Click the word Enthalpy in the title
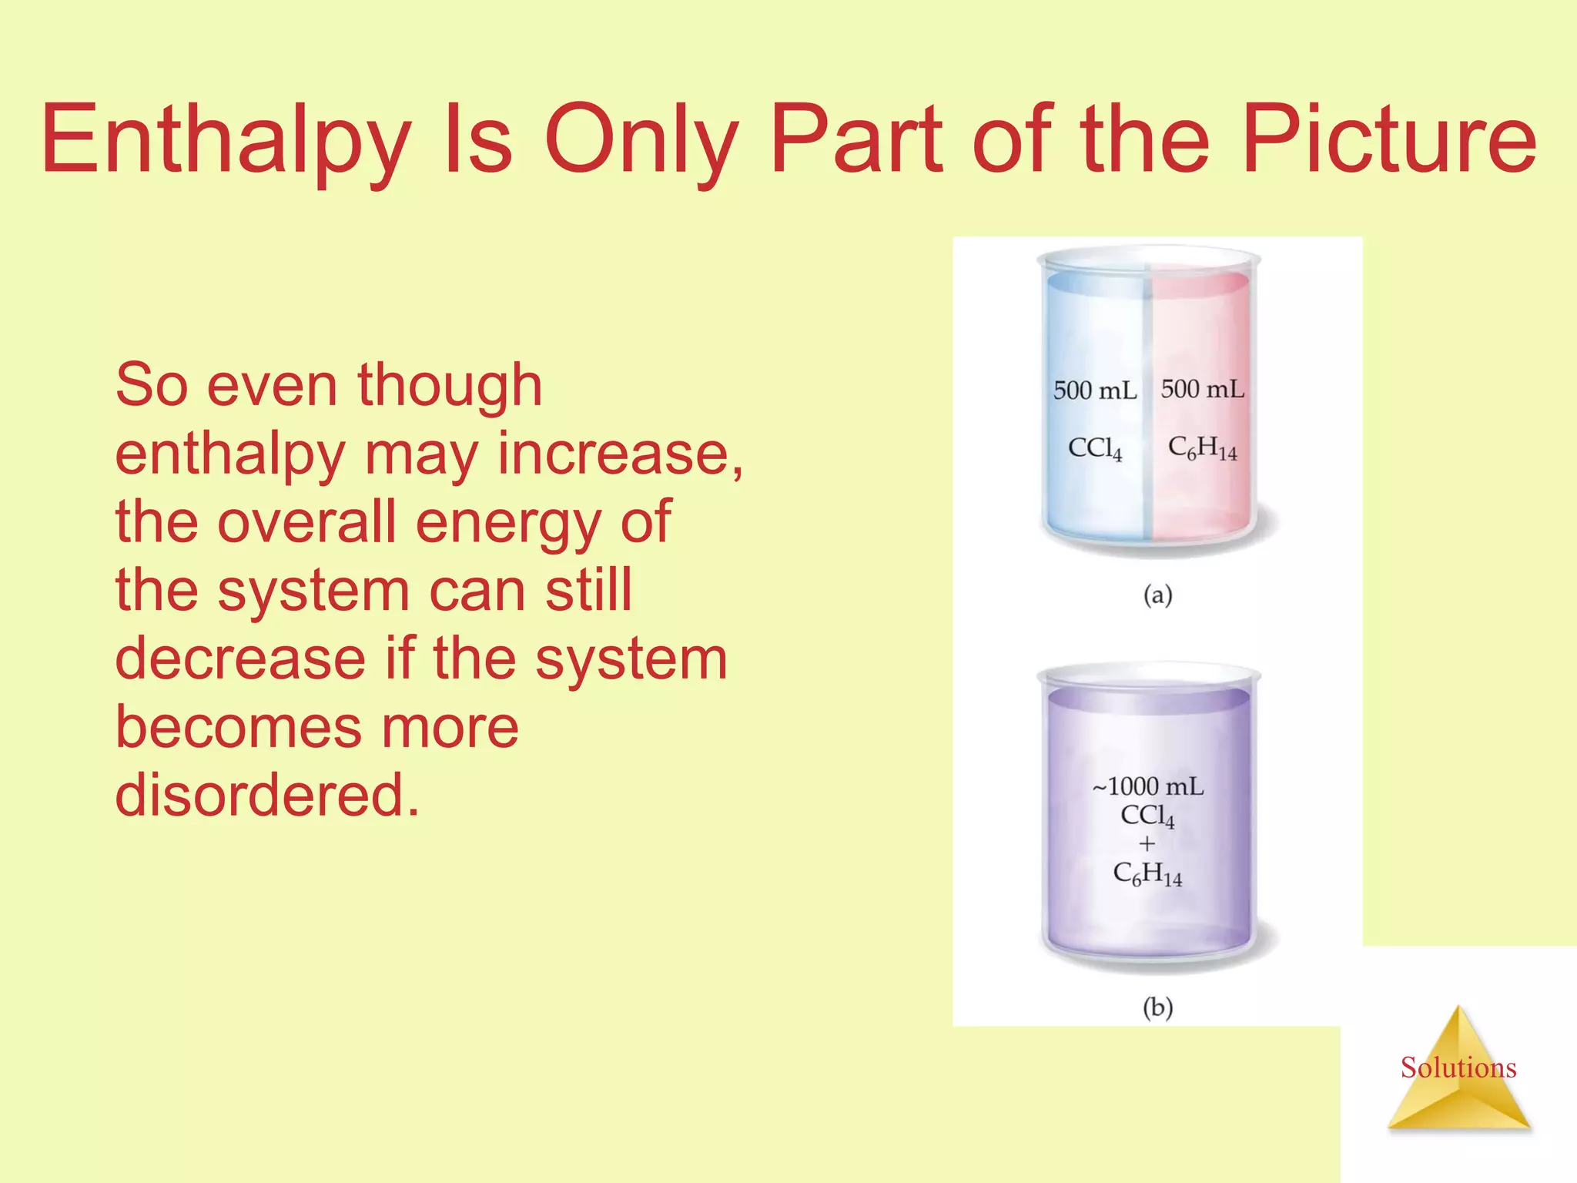(226, 140)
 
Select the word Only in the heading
(641, 140)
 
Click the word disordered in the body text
(267, 795)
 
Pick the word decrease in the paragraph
(240, 659)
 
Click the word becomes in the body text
(231, 727)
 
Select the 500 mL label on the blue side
(1094, 390)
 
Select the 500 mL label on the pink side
(1202, 389)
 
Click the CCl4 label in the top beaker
(1094, 448)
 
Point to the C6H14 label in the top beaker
(1202, 448)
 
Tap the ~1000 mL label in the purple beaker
(1147, 786)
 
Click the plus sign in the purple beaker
(1147, 844)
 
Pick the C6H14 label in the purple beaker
(1147, 875)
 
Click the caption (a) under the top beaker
(1157, 595)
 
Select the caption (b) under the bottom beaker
(1157, 1007)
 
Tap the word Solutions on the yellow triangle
(1458, 1068)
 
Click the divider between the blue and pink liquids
(1147, 408)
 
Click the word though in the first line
(450, 385)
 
